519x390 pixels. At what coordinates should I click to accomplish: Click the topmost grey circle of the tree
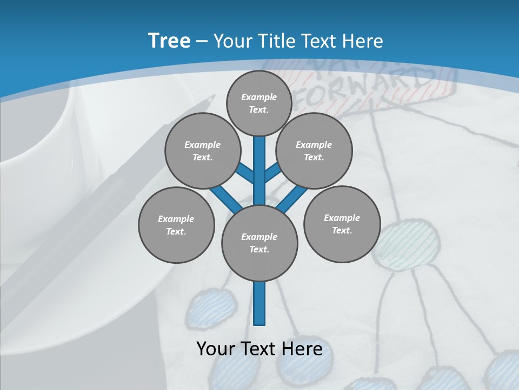click(259, 103)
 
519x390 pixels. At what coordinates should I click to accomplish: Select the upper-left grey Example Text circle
click(202, 151)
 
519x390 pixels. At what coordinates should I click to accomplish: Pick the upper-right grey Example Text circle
click(314, 151)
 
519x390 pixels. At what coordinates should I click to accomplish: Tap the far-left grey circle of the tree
click(176, 225)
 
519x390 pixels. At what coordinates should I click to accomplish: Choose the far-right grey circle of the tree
click(342, 224)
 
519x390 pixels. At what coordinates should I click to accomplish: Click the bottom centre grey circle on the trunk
click(259, 243)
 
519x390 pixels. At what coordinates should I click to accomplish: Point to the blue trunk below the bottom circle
click(259, 303)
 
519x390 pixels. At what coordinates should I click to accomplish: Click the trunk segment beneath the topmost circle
click(259, 162)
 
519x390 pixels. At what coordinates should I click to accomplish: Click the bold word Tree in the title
click(169, 41)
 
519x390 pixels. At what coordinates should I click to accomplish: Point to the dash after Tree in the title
click(202, 42)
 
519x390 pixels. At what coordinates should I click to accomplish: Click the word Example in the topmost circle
click(259, 97)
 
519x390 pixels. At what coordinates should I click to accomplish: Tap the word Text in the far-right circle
click(342, 230)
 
